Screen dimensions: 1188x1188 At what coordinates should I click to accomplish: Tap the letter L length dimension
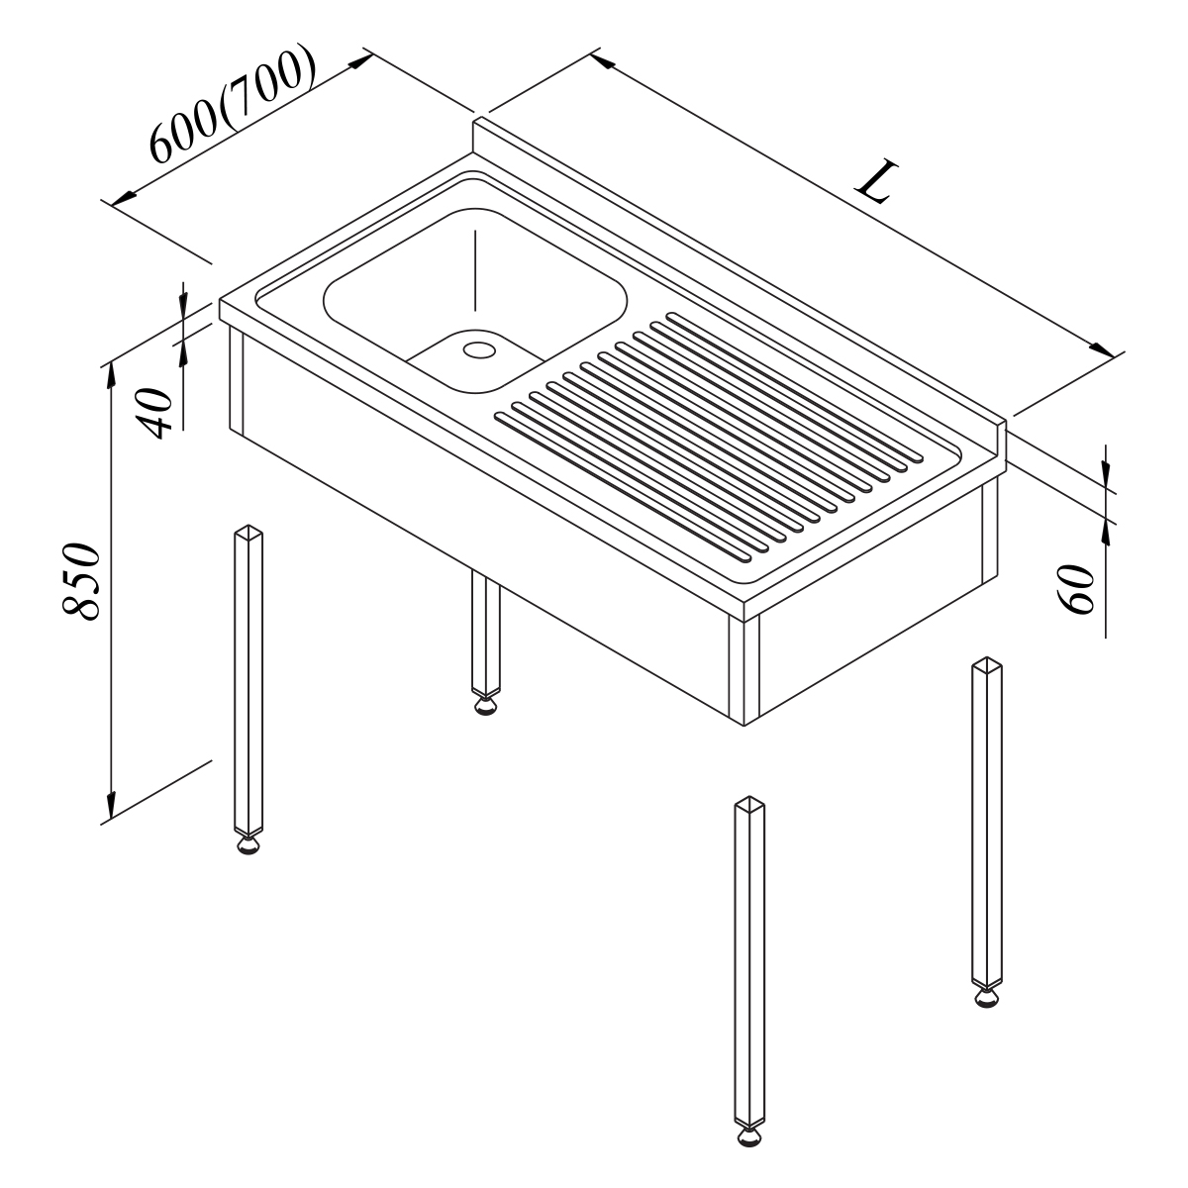[x=876, y=182]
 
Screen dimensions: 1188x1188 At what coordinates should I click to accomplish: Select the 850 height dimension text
[x=81, y=581]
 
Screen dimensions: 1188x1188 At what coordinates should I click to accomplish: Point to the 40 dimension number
[x=153, y=413]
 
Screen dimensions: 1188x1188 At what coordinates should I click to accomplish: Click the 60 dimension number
[x=1074, y=589]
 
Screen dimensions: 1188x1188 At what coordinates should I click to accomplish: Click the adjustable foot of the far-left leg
[x=247, y=844]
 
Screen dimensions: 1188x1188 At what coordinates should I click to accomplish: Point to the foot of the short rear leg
[x=486, y=705]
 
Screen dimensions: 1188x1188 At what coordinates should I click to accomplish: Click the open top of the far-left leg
[x=247, y=531]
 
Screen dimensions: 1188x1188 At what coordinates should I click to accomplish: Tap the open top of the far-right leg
[x=987, y=664]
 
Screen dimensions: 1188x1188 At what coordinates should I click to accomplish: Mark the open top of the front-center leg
[x=749, y=802]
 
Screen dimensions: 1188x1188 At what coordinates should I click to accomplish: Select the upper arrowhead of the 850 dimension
[x=111, y=376]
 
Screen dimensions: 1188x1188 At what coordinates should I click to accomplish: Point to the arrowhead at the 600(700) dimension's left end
[x=124, y=198]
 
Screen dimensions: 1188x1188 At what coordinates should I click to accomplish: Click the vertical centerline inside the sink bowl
[x=475, y=270]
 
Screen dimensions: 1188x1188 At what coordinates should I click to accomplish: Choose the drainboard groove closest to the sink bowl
[x=624, y=488]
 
